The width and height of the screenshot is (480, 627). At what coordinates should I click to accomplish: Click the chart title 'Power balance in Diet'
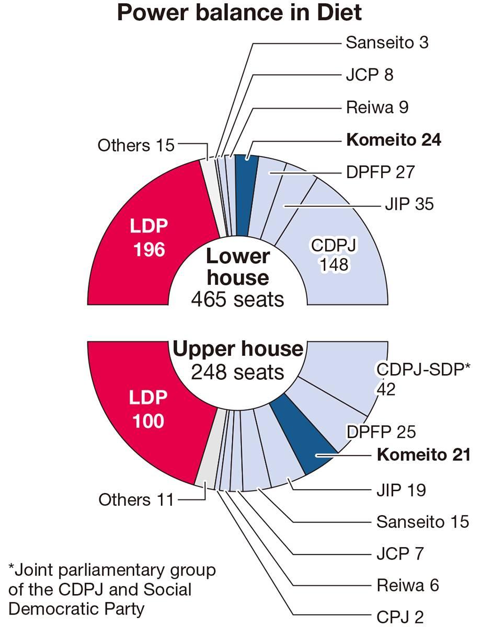point(239,13)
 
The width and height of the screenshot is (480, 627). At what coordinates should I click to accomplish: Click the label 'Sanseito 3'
point(387,42)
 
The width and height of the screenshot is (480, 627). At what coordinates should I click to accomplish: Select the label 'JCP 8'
point(369,75)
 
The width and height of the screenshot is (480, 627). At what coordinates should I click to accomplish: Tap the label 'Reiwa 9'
point(377,107)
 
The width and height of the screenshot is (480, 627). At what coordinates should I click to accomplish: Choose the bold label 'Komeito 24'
point(394,140)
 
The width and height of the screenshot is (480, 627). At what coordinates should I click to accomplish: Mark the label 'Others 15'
point(136,145)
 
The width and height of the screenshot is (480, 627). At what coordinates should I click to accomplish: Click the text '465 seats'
point(237,299)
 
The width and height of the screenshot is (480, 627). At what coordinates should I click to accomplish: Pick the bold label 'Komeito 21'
point(424,454)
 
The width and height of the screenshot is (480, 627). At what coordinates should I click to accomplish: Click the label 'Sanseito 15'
point(422,521)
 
